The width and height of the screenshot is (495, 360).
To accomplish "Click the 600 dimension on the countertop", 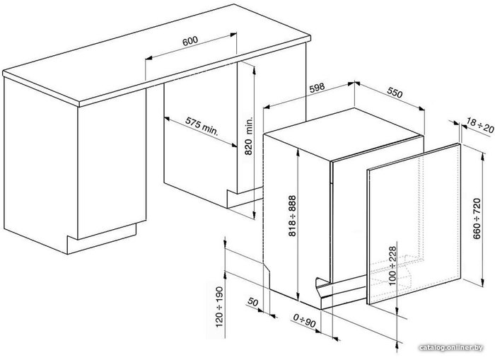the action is point(190,41).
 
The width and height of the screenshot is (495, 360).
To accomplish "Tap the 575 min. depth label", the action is point(202,127).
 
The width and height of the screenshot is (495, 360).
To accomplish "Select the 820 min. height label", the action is point(249,136).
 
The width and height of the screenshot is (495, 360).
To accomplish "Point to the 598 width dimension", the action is point(317,88).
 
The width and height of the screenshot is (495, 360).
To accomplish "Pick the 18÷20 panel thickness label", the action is point(480,126).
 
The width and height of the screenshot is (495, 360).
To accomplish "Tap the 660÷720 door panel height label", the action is point(477,219).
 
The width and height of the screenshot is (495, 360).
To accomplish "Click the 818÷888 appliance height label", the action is point(292,216).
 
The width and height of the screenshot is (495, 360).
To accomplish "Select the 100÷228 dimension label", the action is point(392,266).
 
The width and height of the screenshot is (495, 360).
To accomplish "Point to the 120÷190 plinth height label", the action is point(219,307).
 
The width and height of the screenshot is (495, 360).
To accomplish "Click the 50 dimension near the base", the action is point(253,302).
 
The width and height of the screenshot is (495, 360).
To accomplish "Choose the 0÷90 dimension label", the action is point(304,320).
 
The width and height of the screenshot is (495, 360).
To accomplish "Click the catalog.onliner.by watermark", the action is point(451,348).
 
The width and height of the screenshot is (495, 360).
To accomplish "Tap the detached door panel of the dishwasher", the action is point(414,223).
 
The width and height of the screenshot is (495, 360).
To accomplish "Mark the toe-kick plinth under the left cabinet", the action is point(102,239).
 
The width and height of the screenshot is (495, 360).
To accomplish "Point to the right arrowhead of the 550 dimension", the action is point(421,108).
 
